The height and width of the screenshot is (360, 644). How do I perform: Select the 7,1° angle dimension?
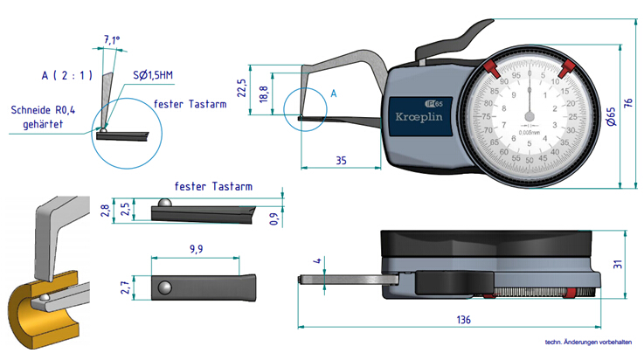click(x=111, y=40)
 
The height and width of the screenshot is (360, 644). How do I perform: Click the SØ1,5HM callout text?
click(x=154, y=76)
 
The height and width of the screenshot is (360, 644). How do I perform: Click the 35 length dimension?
click(x=340, y=160)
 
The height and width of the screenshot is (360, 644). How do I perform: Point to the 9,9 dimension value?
click(x=195, y=250)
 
